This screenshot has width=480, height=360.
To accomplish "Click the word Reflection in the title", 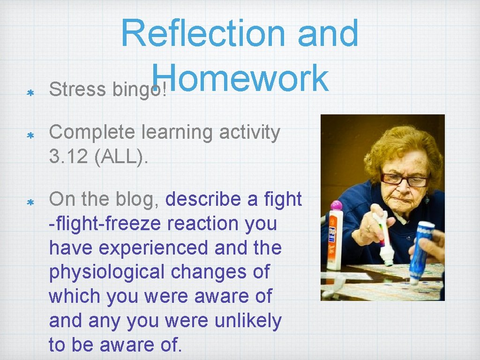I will [202, 34].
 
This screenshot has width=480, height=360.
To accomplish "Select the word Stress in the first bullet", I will [77, 90].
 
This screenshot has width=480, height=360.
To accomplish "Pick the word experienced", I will [154, 248].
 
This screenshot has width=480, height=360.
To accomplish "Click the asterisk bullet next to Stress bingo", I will [29, 93].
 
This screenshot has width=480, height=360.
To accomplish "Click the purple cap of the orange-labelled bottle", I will [336, 206].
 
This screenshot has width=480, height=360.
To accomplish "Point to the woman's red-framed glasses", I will [405, 180].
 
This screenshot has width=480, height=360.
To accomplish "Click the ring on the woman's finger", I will [369, 228].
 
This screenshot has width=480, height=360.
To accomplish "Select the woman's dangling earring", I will [427, 199].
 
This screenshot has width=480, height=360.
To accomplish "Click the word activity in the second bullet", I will [250, 133].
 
